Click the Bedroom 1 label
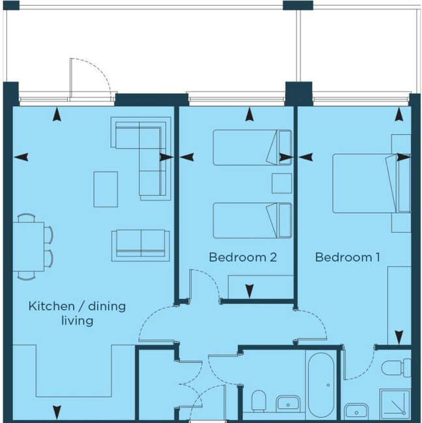pyautogui.click(x=347, y=257)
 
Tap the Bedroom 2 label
pyautogui.click(x=243, y=257)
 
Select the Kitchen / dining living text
pyautogui.click(x=77, y=313)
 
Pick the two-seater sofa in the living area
pyautogui.click(x=140, y=244)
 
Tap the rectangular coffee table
pyautogui.click(x=105, y=189)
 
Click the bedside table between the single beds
pyautogui.click(x=281, y=183)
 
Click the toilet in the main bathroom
pyautogui.click(x=259, y=400)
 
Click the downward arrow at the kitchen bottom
pyautogui.click(x=57, y=412)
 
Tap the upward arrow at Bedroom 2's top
pyautogui.click(x=249, y=116)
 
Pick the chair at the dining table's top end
pyautogui.click(x=27, y=218)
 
